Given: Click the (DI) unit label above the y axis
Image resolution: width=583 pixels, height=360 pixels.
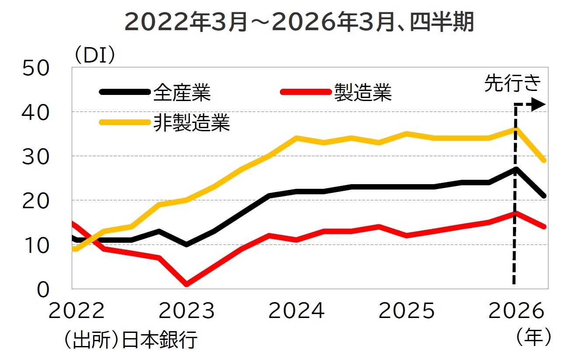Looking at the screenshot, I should pos(94,56).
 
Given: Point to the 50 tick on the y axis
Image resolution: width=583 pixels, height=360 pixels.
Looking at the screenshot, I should pos(36,69).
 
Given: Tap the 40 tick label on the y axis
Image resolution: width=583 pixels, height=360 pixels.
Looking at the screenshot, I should pos(36,113).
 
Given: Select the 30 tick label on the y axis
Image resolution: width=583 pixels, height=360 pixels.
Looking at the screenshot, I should pos(36,157).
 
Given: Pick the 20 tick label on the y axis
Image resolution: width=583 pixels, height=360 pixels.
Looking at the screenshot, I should pos(36,201).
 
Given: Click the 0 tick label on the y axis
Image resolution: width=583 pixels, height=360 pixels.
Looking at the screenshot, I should pos(43,290).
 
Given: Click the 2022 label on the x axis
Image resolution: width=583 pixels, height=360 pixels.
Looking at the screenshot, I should pos(77,311).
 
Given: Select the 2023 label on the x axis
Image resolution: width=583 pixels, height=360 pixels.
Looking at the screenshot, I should pos(187,311).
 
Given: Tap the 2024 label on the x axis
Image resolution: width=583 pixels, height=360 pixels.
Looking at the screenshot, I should pos(297,311).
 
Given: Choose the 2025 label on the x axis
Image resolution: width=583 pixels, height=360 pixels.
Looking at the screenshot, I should pos(407,311).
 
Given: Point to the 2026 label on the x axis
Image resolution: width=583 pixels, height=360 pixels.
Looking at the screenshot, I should pos(517,311).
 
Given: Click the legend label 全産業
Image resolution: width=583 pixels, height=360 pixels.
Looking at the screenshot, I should pos(182,92).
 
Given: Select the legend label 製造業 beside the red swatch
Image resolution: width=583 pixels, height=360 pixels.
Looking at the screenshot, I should pos(363,92).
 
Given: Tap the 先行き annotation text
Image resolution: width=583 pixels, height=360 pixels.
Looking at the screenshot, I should pos(513,83).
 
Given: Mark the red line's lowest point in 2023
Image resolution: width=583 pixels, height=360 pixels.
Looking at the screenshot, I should pos(187,284).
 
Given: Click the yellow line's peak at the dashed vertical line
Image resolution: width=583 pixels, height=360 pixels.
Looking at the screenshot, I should pos(516,129).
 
